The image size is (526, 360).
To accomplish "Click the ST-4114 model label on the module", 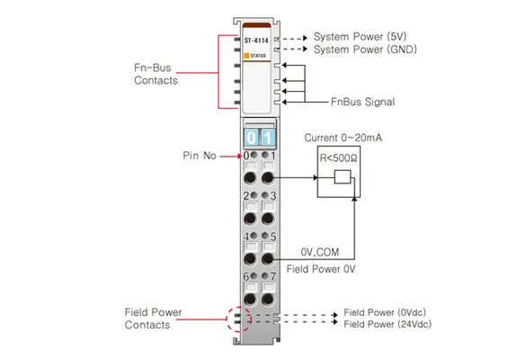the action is [256, 40].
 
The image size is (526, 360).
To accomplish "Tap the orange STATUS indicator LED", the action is [246, 56].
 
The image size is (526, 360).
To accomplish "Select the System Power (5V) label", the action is [360, 37].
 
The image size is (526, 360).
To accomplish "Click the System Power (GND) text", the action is [365, 49].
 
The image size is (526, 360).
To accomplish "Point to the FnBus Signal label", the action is [362, 102].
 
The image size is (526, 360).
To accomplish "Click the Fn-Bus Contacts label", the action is [156, 74].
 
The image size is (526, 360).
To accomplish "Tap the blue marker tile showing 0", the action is [251, 138].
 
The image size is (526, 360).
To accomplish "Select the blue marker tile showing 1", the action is [267, 138].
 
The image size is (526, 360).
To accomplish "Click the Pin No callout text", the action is [200, 156].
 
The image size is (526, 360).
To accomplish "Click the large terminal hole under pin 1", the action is [267, 177].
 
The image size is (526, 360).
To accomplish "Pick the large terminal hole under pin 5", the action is [267, 259].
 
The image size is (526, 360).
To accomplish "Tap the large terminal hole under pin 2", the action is [250, 219].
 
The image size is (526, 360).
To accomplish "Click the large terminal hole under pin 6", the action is [250, 299].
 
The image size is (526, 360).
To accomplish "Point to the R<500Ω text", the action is [338, 157].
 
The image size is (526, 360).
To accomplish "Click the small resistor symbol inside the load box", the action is [343, 177].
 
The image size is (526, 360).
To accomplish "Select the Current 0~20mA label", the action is [343, 138].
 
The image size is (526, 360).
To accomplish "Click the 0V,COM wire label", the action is [320, 252].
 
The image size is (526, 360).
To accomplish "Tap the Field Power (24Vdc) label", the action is [388, 324].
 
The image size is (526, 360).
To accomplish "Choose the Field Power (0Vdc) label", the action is [385, 312].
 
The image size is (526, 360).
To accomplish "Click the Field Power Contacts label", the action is [153, 319].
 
